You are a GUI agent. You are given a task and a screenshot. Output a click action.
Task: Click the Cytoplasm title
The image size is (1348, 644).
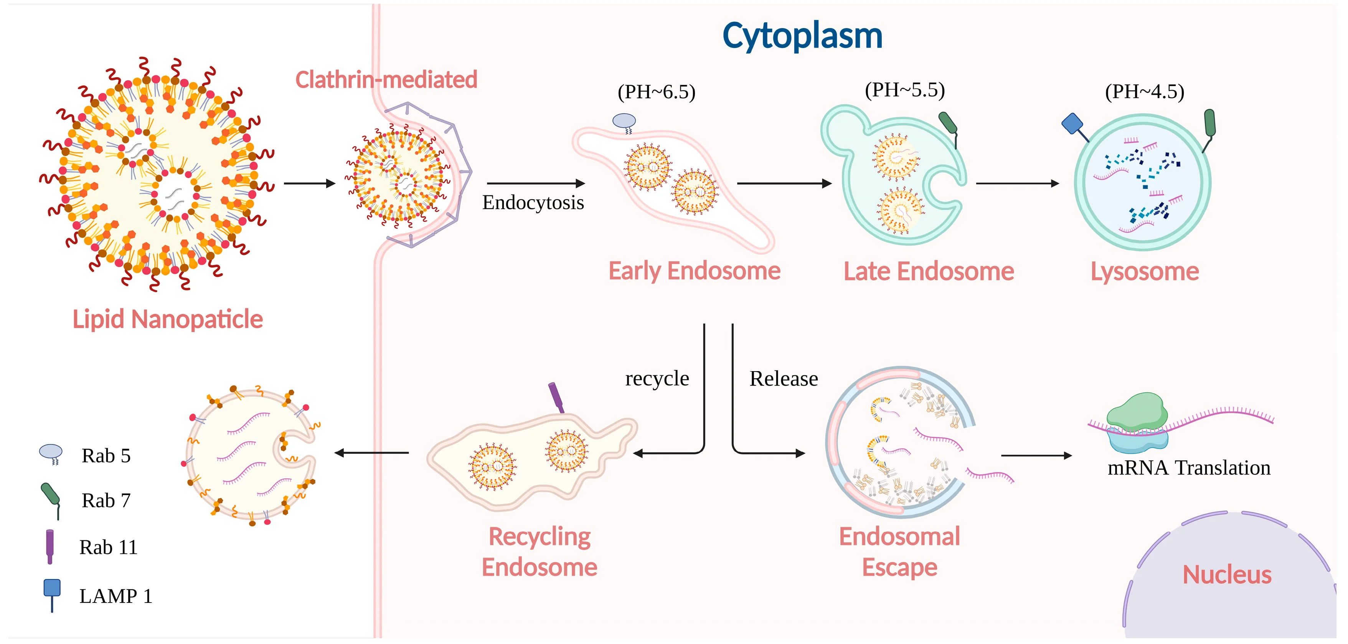(x=802, y=36)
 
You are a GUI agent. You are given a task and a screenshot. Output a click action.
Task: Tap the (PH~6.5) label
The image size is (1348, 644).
(x=656, y=92)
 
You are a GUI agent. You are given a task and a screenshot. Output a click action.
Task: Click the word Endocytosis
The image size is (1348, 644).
(x=533, y=203)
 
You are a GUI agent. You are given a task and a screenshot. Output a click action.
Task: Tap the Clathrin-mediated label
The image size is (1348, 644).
(x=386, y=79)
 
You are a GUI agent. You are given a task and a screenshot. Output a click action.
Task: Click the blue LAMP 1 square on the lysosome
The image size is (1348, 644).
(x=1072, y=124)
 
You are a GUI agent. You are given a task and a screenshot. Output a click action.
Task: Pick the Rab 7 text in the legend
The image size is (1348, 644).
(x=106, y=500)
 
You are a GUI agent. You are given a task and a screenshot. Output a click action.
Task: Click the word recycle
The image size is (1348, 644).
(x=657, y=378)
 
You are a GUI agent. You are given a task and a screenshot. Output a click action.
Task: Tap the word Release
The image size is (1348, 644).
(x=784, y=378)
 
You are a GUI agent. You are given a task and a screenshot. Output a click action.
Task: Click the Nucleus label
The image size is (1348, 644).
(x=1227, y=575)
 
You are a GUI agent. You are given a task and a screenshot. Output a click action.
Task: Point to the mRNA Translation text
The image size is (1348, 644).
(x=1188, y=467)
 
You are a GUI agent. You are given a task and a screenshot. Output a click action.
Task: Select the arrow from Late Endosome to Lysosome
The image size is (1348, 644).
(x=1017, y=183)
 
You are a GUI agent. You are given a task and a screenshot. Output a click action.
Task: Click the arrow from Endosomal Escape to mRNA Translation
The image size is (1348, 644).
(x=1036, y=456)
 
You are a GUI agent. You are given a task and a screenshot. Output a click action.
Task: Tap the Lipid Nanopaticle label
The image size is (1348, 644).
(x=167, y=319)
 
